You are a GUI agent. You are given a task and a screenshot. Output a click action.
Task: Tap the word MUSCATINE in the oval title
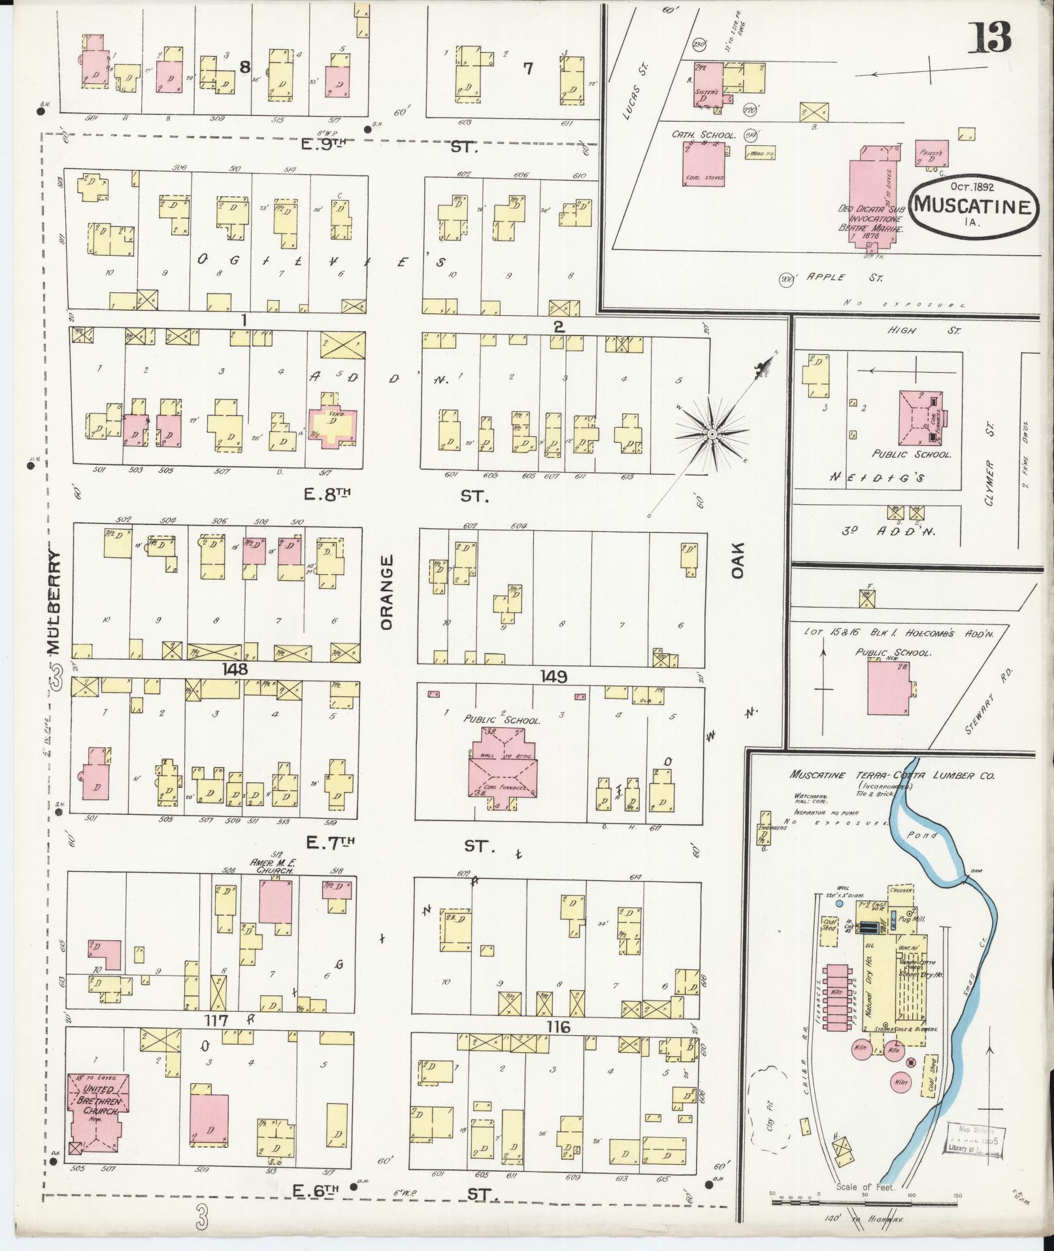point(972,206)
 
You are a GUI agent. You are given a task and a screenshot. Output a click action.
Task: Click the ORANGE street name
point(387,592)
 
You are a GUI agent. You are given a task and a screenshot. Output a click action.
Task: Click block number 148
point(235,669)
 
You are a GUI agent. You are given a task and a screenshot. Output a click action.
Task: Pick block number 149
point(553,676)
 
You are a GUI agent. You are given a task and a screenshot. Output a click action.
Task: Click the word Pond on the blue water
point(921,835)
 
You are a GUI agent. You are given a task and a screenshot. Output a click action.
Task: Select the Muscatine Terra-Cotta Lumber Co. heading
point(891,776)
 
